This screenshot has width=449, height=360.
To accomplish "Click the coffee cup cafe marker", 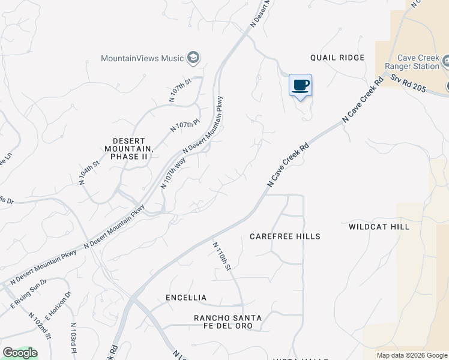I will [300, 85].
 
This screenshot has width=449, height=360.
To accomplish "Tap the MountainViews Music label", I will [142, 58].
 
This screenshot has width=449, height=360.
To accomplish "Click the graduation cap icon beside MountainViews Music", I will [193, 58].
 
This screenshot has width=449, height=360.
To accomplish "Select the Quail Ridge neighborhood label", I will [337, 58].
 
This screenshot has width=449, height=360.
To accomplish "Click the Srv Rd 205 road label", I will [408, 83].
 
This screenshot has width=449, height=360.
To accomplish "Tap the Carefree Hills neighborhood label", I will [285, 236].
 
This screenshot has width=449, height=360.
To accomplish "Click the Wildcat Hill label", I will [379, 227].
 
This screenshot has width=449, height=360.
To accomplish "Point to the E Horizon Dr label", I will [59, 304].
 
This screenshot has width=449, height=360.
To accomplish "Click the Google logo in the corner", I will [20, 353].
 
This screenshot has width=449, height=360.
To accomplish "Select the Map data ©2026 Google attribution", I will [412, 355].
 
